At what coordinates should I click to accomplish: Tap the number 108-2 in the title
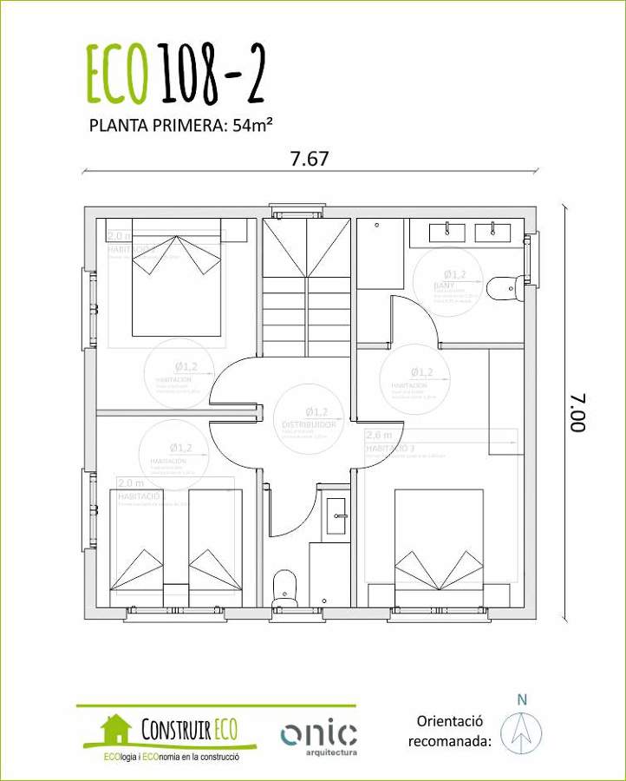[209, 74]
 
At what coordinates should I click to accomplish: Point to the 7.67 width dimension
[310, 159]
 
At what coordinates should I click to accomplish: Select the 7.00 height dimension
[578, 413]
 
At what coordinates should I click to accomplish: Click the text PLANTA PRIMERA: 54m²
[181, 124]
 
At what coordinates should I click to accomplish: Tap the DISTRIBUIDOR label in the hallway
[309, 424]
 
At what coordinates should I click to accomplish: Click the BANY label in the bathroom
[445, 284]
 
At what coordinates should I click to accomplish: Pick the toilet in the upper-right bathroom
[504, 287]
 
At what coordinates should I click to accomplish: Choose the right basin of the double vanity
[495, 232]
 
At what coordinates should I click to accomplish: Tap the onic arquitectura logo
[318, 736]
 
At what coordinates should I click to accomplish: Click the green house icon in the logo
[115, 729]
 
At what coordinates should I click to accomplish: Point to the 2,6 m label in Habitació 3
[379, 435]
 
